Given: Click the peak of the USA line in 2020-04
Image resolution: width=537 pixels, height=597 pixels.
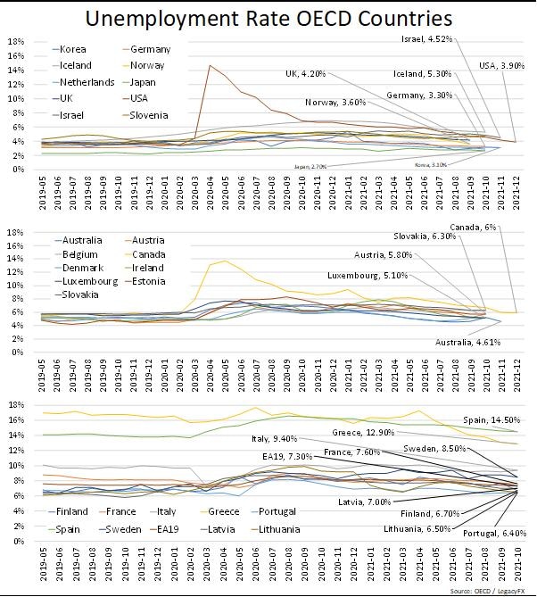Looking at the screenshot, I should pos(211,65).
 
